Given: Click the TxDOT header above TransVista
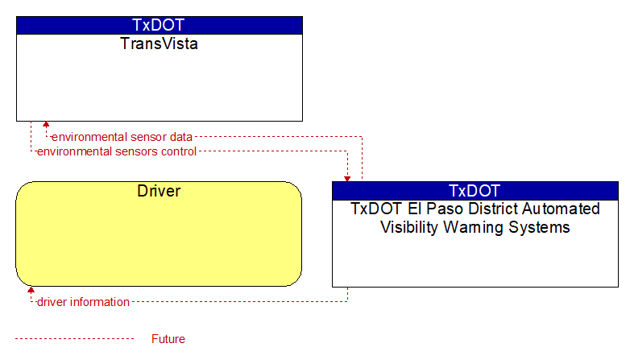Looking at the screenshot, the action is click(158, 25).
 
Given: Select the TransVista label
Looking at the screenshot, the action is click(159, 43).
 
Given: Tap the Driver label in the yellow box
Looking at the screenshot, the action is click(159, 191).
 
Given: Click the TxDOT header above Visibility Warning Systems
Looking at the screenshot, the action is click(475, 191).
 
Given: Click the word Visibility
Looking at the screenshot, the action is click(409, 227).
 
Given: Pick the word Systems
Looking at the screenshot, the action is click(539, 228).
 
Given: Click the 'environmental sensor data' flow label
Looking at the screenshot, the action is click(122, 137).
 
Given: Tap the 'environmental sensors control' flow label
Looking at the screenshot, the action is click(117, 151).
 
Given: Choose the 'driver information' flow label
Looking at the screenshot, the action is click(83, 302).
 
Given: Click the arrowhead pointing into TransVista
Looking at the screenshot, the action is click(46, 125).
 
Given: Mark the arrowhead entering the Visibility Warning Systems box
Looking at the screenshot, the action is click(347, 179).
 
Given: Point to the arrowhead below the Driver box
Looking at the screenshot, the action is click(31, 290).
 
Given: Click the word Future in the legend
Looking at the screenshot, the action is click(168, 339).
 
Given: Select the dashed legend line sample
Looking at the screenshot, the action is click(74, 339).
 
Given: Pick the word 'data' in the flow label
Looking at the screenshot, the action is click(180, 137).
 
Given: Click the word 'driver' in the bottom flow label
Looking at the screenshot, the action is click(52, 302).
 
